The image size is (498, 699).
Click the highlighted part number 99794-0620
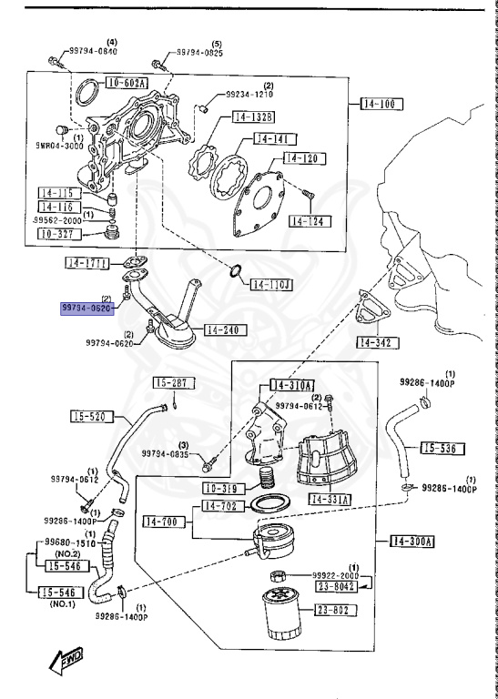(x=86, y=309)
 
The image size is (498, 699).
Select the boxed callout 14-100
(x=377, y=104)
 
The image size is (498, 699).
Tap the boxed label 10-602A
(x=127, y=83)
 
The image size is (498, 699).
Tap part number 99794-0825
(x=201, y=54)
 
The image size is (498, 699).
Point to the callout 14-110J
(x=269, y=285)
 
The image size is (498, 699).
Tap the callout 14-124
(x=310, y=221)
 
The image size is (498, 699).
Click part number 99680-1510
(x=65, y=542)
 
